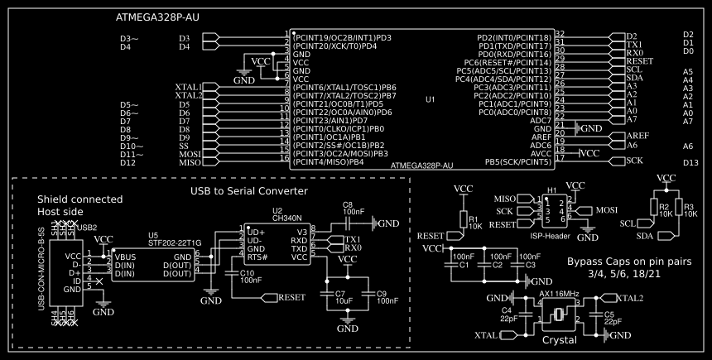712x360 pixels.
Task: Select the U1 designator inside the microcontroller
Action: (430, 99)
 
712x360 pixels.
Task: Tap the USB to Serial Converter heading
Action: (249, 191)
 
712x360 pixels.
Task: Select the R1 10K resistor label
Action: (474, 222)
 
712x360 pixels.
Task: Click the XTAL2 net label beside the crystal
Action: (629, 298)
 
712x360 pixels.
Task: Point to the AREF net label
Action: (637, 136)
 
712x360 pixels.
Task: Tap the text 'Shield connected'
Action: (79, 199)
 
